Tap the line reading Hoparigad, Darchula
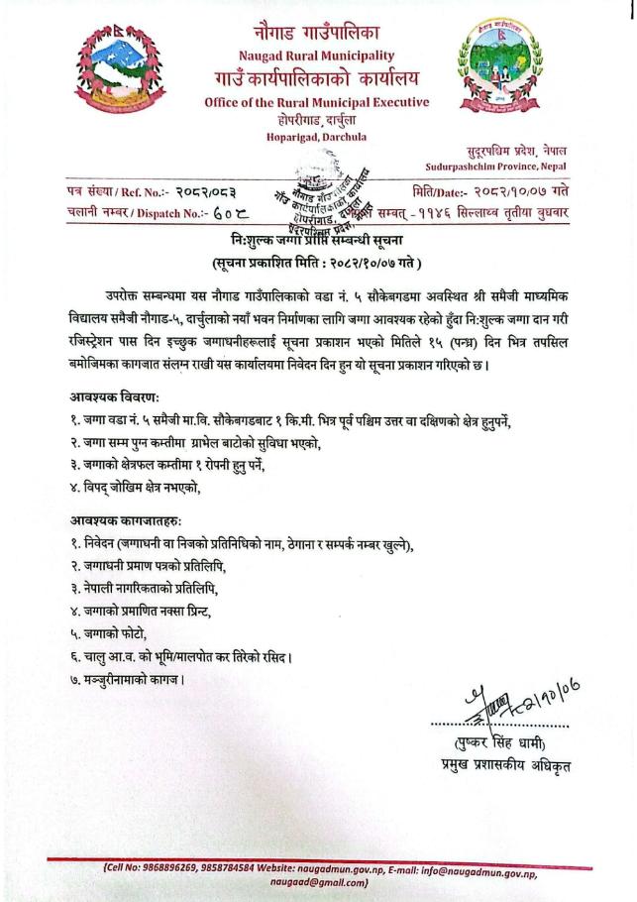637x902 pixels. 316,136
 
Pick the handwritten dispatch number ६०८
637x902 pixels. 199,210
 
